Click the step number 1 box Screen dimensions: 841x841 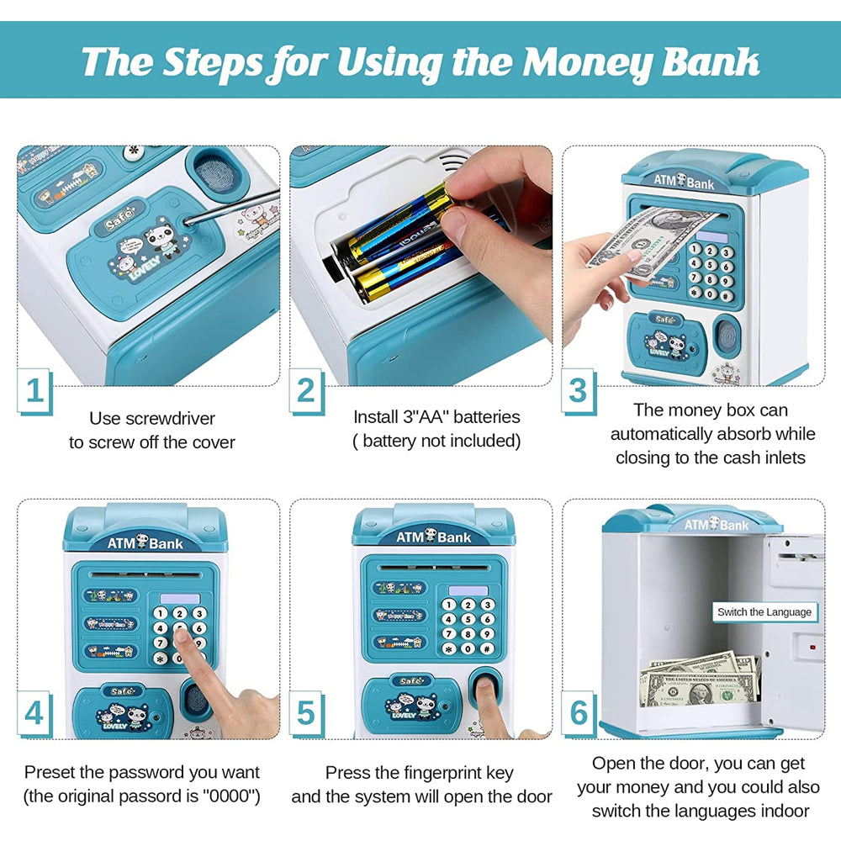pos(34,391)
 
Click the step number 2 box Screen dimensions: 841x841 pos(306,391)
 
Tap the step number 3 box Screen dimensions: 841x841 pos(579,391)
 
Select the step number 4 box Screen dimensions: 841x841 pos(34,712)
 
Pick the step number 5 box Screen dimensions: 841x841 pos(306,712)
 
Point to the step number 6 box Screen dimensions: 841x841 pos(579,712)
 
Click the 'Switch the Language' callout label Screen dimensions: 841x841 pos(764,611)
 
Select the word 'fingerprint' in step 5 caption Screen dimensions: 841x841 pos(454,772)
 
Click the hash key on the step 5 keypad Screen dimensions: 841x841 pos(487,649)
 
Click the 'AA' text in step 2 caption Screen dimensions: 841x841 pos(419,416)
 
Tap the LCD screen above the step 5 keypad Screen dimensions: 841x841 pos(468,590)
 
